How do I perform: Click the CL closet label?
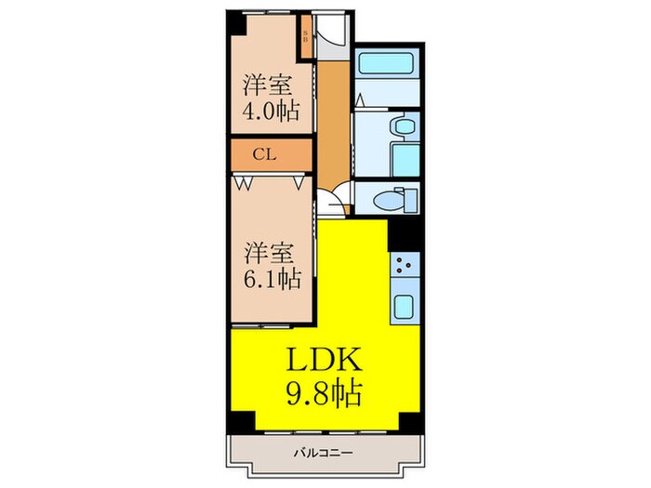click(264, 156)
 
